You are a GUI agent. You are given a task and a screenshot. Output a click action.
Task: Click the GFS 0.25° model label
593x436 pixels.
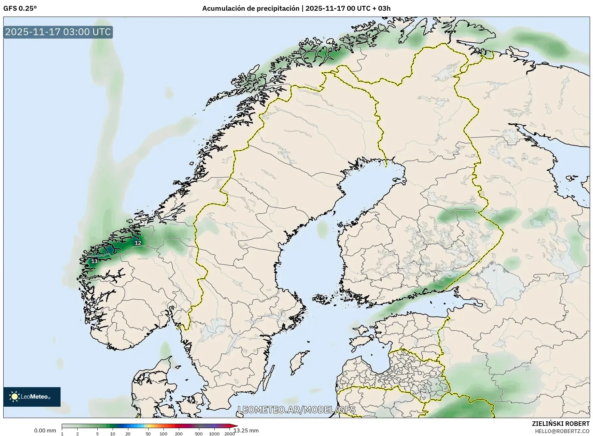(20, 8)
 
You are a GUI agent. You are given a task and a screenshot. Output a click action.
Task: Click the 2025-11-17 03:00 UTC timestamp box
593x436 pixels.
(58, 32)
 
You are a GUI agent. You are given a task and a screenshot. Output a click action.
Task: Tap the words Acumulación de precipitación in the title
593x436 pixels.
(250, 8)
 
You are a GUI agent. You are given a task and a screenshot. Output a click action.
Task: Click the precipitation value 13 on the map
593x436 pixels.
(94, 261)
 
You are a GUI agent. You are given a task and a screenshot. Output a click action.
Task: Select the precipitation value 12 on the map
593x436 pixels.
(138, 243)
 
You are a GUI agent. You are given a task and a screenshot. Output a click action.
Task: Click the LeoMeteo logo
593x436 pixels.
(32, 397)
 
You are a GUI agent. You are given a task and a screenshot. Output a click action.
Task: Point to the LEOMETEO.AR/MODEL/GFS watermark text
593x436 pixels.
(296, 410)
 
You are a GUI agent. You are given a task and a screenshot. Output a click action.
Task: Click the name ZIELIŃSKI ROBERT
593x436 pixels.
(560, 424)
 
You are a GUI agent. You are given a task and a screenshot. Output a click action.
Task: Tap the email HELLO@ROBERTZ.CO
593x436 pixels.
(562, 431)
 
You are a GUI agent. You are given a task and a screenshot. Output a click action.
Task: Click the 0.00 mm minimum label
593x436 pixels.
(45, 430)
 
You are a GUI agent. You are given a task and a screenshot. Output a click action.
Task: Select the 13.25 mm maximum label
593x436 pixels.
(246, 430)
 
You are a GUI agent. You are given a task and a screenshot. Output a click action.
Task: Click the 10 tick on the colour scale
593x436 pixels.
(113, 433)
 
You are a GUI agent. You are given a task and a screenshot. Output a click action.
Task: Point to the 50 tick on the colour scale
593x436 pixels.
(148, 433)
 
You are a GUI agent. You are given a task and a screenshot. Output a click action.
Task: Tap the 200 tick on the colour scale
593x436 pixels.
(179, 433)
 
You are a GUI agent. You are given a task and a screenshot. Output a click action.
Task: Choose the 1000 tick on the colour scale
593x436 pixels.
(214, 433)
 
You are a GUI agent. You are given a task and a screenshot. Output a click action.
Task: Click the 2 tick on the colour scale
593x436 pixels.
(78, 433)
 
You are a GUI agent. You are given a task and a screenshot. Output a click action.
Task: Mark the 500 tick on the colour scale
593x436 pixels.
(199, 433)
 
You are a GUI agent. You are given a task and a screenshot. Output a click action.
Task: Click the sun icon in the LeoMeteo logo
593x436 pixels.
(14, 397)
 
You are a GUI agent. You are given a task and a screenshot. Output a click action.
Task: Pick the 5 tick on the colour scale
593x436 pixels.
(97, 433)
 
